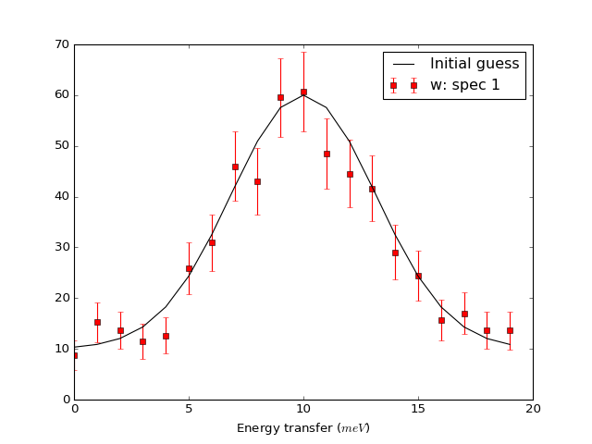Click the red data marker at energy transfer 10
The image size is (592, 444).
[x=303, y=92]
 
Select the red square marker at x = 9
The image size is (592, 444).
[x=280, y=97]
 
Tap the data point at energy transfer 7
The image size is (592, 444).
[x=235, y=166]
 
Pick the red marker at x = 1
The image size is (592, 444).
[x=97, y=322]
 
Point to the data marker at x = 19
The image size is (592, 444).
[x=510, y=330]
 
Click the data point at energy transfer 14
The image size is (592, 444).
[x=395, y=253]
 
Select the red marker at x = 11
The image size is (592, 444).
[x=327, y=154]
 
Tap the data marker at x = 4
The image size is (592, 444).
[x=166, y=336]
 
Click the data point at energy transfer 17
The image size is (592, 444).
[x=464, y=314]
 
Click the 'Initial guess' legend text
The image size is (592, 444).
[x=475, y=64]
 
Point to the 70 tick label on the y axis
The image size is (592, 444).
[x=61, y=44]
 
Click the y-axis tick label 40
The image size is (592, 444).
[x=61, y=196]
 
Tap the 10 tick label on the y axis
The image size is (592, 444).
[x=61, y=349]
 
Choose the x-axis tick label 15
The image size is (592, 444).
[x=418, y=408]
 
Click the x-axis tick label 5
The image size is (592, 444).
[x=189, y=408]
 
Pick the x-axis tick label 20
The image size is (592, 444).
[x=533, y=408]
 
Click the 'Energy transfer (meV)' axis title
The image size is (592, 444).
[x=303, y=427]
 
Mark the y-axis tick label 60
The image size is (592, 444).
[x=61, y=95]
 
